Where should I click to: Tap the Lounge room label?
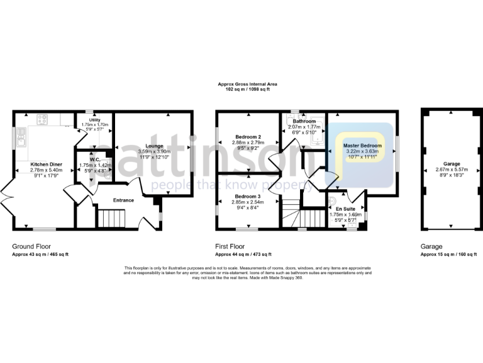pos(154,146)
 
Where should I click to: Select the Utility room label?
pos(95,120)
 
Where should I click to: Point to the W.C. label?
pos(95,159)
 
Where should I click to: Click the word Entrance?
pos(123,200)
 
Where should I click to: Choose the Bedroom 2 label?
pos(248,137)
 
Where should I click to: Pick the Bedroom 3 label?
pos(248,196)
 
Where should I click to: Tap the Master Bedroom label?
pos(363,146)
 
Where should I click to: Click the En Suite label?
pos(345,209)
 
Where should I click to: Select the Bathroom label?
pos(304,121)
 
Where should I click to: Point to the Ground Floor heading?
pos(31,246)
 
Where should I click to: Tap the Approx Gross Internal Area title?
pos(247,84)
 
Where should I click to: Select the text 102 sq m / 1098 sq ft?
pos(247,89)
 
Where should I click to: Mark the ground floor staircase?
pos(113,219)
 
